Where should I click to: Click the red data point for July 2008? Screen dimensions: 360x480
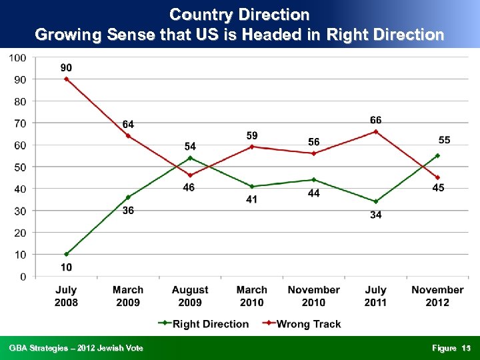pyautogui.click(x=66, y=79)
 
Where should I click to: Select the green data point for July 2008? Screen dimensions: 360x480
pyautogui.click(x=66, y=254)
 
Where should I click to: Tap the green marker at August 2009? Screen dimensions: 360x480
pyautogui.click(x=190, y=158)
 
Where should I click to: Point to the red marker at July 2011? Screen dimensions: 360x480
pyautogui.click(x=376, y=131)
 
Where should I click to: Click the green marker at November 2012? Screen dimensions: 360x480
pyautogui.click(x=437, y=155)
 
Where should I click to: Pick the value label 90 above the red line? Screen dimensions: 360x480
pyautogui.click(x=66, y=67)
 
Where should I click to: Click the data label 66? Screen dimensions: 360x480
pyautogui.click(x=376, y=119)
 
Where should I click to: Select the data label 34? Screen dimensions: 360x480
pyautogui.click(x=376, y=215)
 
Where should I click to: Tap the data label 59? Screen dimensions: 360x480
pyautogui.click(x=252, y=136)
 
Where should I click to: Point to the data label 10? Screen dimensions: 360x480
pyautogui.click(x=66, y=267)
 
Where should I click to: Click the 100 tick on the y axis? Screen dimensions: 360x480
pyautogui.click(x=17, y=58)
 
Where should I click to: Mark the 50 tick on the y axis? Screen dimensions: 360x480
pyautogui.click(x=20, y=167)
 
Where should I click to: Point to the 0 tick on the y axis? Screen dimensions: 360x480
pyautogui.click(x=23, y=276)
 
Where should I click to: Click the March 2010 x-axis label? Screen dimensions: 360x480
pyautogui.click(x=252, y=296)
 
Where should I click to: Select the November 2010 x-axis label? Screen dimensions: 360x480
pyautogui.click(x=314, y=296)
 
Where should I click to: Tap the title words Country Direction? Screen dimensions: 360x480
pyautogui.click(x=239, y=14)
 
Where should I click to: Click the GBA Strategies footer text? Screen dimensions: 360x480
pyautogui.click(x=75, y=348)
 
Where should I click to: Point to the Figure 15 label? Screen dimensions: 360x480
pyautogui.click(x=451, y=348)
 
